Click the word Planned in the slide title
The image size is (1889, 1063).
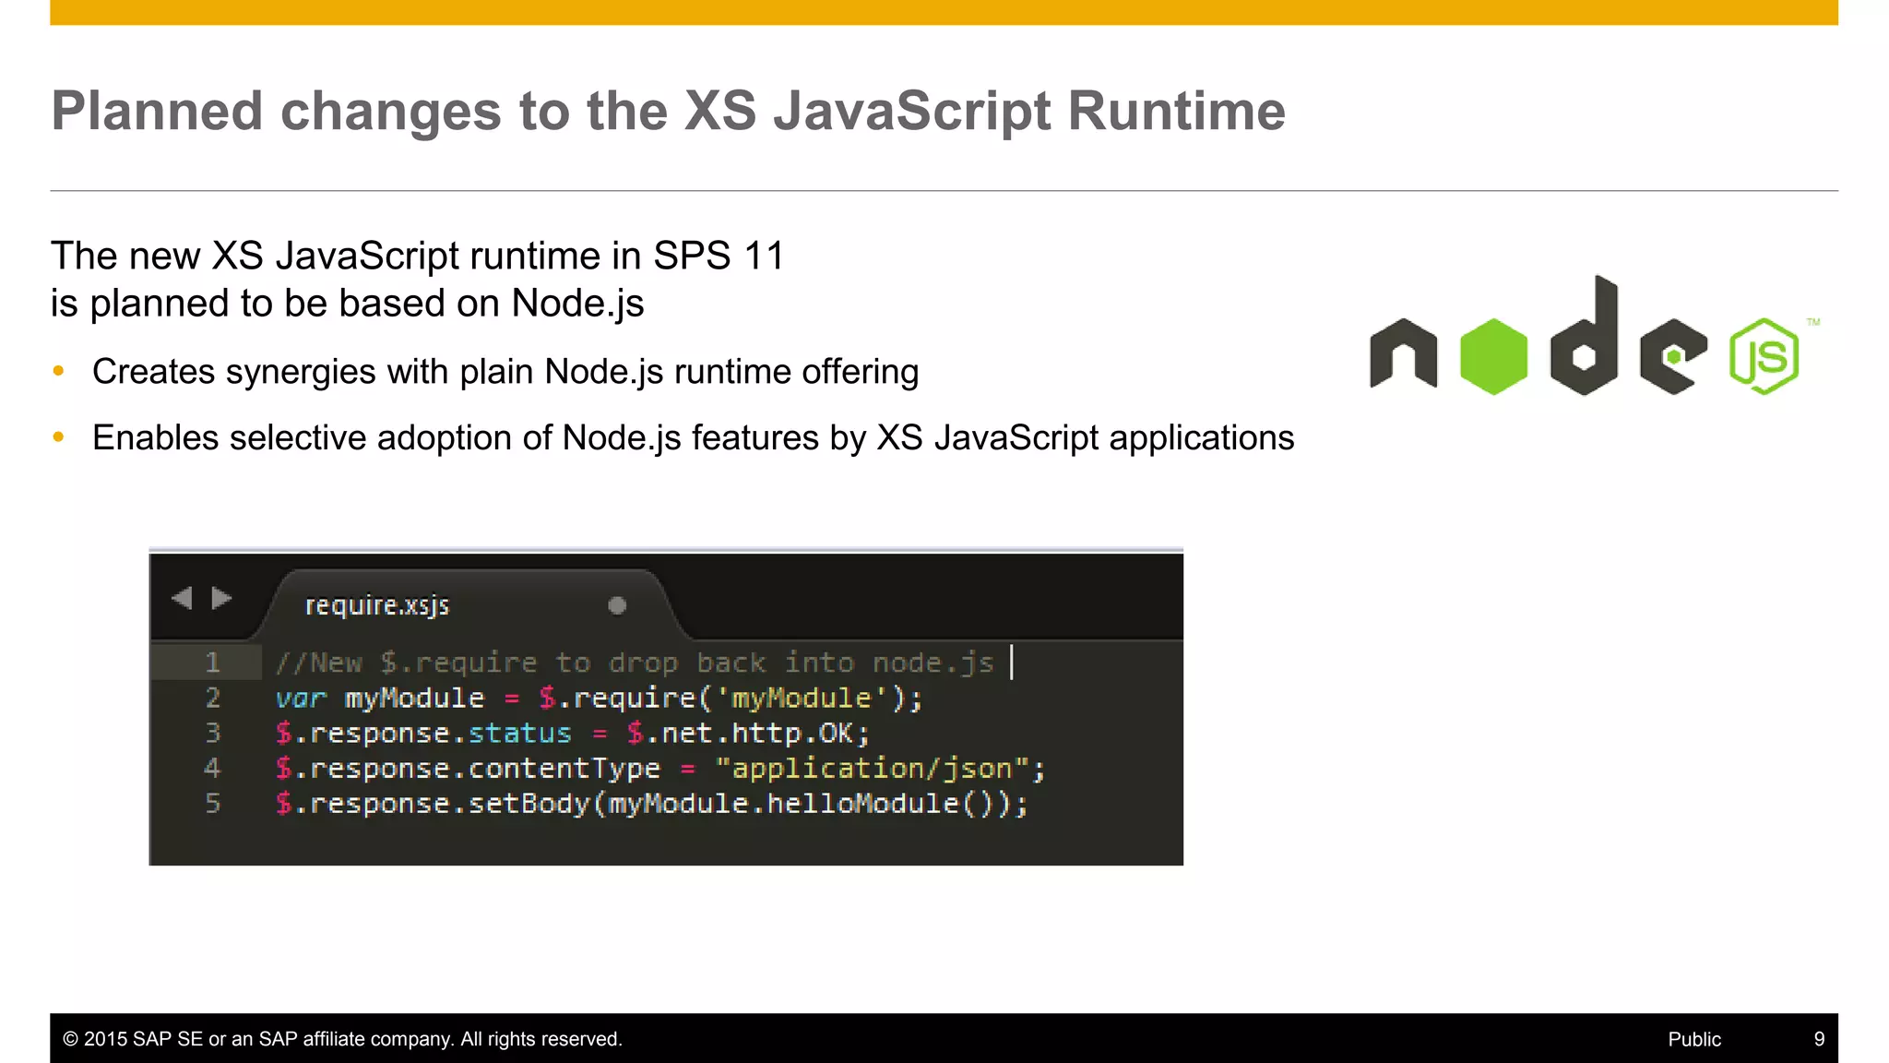pos(157,112)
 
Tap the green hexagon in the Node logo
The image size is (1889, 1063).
pos(1493,356)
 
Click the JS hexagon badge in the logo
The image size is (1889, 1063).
pos(1764,356)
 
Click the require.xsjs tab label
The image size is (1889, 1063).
pos(376,605)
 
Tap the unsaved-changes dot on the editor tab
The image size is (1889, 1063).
pos(617,605)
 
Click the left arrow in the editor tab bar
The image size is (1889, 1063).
pos(182,598)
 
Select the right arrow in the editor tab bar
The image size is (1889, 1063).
pos(221,598)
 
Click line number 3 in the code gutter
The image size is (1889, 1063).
pos(212,733)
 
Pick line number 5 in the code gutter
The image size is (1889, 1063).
pos(212,803)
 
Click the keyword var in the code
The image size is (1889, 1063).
pos(301,699)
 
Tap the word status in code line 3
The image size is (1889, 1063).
pos(519,734)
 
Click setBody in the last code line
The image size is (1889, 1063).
pos(529,804)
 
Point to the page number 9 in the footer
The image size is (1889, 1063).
pos(1819,1039)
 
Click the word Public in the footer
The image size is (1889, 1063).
pos(1694,1039)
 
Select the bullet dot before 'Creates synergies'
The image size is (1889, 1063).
pos(59,371)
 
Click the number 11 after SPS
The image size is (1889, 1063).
pos(764,256)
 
